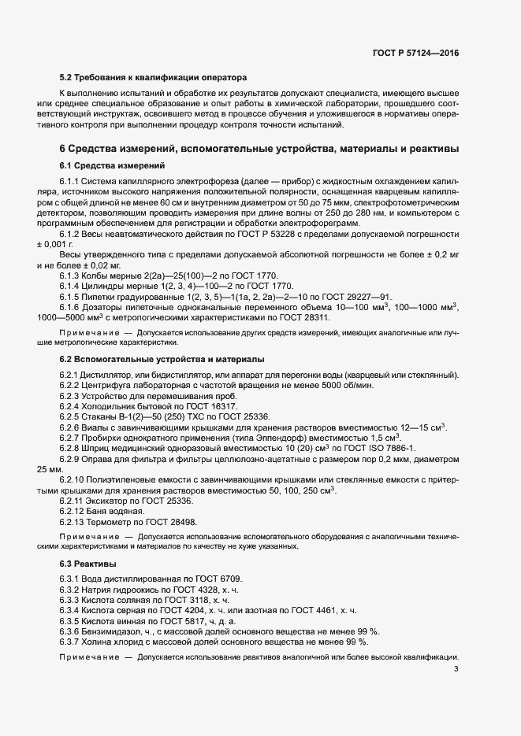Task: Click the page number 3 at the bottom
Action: [456, 669]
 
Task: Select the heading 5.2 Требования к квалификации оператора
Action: [154, 78]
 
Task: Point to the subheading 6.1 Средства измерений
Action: [112, 165]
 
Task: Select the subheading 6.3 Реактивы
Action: [88, 564]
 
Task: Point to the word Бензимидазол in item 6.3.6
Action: [113, 631]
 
